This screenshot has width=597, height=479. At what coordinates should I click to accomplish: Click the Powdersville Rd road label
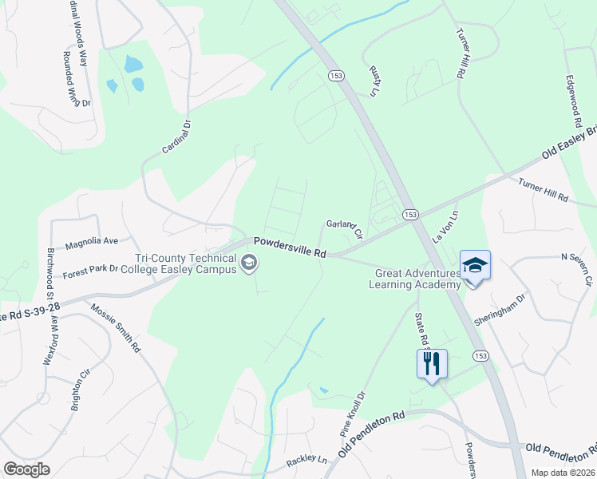291,247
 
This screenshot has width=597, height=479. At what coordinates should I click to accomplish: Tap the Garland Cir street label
345,229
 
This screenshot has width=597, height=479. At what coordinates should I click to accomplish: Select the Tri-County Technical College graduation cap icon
250,263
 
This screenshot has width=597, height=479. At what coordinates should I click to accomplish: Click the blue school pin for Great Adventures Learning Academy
475,264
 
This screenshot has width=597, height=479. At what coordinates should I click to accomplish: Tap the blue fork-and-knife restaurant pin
432,364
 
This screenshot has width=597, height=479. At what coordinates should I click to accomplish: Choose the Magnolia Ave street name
92,240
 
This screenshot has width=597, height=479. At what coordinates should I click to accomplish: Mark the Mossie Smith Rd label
115,328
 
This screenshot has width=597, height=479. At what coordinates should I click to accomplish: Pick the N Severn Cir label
577,269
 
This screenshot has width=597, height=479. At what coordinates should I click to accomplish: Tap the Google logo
26,469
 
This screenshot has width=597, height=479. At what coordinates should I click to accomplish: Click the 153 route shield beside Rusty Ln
334,74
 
